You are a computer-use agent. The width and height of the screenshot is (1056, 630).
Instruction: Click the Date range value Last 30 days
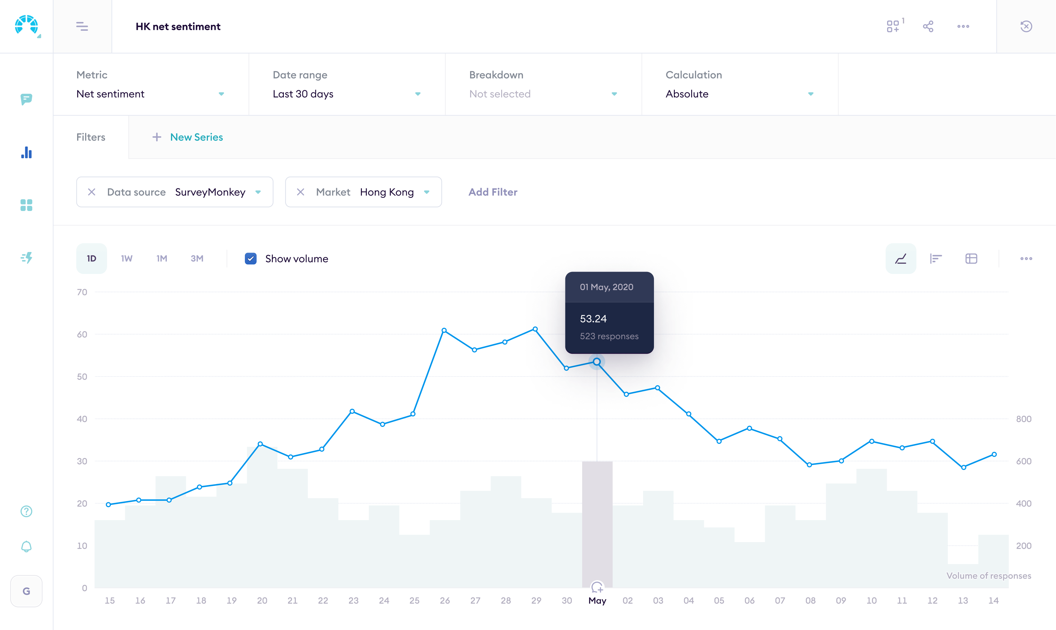coord(303,94)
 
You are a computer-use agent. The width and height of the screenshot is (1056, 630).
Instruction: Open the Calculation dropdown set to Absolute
coord(739,94)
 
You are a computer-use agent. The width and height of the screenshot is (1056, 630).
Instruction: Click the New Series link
coord(196,137)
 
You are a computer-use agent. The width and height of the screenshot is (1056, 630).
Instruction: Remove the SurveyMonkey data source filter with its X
coord(91,192)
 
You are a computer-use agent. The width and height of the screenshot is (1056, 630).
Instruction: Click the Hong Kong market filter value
coord(387,192)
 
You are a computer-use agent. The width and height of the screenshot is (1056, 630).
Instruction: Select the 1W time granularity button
coord(127,258)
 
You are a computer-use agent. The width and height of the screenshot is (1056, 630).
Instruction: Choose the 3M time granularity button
coord(197,258)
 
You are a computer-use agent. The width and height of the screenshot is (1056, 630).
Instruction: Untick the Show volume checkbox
coord(251,258)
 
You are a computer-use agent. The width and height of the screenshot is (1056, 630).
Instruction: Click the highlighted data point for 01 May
coord(597,362)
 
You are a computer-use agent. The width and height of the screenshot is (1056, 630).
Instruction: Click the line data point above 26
coord(444,330)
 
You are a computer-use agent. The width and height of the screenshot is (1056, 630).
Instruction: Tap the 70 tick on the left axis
coord(82,292)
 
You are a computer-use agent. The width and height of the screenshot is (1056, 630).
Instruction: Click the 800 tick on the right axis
coord(1023,419)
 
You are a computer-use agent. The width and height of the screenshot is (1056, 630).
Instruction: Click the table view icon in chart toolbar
coord(971,258)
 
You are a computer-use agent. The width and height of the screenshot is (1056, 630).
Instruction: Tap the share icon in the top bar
coord(928,26)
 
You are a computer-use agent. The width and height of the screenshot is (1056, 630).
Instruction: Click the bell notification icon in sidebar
coord(26,546)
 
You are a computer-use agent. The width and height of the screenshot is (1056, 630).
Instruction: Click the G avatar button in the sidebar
coord(26,591)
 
